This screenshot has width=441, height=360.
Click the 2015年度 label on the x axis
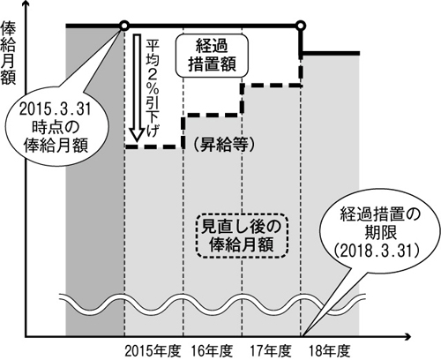point(152,350)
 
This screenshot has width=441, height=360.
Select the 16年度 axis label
point(213,350)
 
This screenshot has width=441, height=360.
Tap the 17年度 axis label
point(271,350)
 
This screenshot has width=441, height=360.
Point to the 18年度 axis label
point(330,350)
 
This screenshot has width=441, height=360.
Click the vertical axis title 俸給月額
point(8,53)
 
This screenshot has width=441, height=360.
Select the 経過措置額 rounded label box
point(212,56)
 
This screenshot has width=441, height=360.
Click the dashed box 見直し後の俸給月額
point(241,236)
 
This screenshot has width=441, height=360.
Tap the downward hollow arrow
point(137,87)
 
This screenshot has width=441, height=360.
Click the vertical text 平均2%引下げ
point(153,88)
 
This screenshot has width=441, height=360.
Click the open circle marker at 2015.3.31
point(124,26)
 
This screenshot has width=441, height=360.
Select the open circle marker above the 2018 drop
point(301,26)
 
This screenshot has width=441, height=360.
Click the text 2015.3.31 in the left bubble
point(56,110)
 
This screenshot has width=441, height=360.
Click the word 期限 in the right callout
point(381,232)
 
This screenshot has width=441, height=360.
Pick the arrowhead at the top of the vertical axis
point(26,5)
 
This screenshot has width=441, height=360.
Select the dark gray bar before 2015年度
point(95,182)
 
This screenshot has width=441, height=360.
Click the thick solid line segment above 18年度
point(330,54)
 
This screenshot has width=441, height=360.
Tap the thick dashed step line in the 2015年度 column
point(154,146)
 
